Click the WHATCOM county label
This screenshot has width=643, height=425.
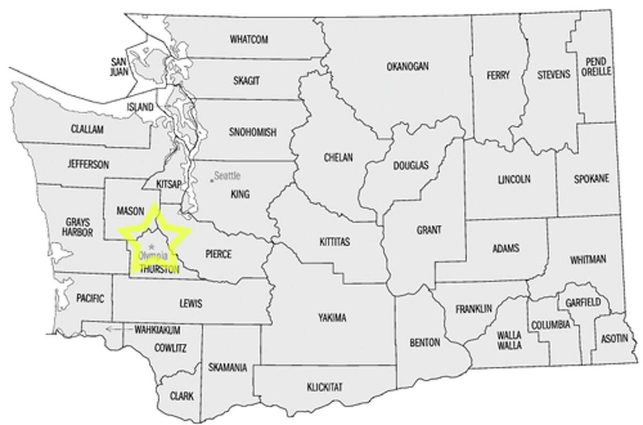pyautogui.click(x=249, y=39)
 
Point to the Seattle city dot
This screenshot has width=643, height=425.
pyautogui.click(x=212, y=180)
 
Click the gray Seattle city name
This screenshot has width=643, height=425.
pyautogui.click(x=228, y=175)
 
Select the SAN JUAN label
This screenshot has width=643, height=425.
pyautogui.click(x=118, y=65)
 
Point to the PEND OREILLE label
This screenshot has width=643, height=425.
pyautogui.click(x=599, y=67)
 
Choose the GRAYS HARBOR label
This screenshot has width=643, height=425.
pyautogui.click(x=77, y=227)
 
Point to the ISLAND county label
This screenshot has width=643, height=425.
pyautogui.click(x=140, y=107)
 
